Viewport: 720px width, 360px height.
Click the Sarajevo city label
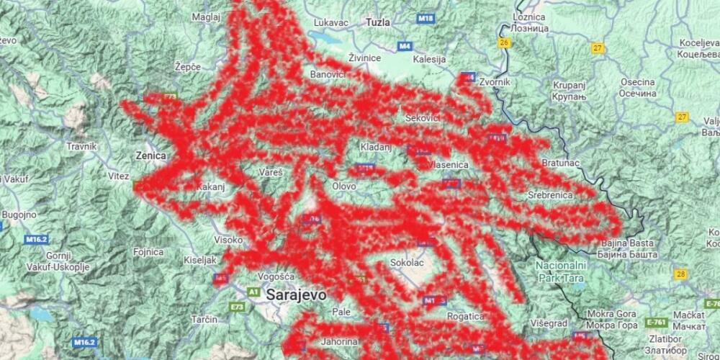pyautogui.click(x=296, y=294)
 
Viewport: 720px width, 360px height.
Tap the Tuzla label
pyautogui.click(x=378, y=22)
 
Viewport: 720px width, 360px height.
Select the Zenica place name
pyautogui.click(x=150, y=155)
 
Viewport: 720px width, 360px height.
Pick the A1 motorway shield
pyautogui.click(x=253, y=292)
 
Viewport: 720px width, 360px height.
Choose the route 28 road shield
pyautogui.click(x=681, y=274)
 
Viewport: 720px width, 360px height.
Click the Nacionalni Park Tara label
pyautogui.click(x=561, y=271)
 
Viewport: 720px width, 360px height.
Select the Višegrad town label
pyautogui.click(x=549, y=323)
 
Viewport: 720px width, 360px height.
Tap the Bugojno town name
pyautogui.click(x=19, y=215)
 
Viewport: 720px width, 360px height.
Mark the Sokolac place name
pyautogui.click(x=406, y=263)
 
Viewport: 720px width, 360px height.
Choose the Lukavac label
pyautogui.click(x=330, y=22)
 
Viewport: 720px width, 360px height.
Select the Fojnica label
pyautogui.click(x=148, y=252)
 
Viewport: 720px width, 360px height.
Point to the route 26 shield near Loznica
pyautogui.click(x=503, y=43)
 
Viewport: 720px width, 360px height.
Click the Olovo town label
pyautogui.click(x=343, y=186)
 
